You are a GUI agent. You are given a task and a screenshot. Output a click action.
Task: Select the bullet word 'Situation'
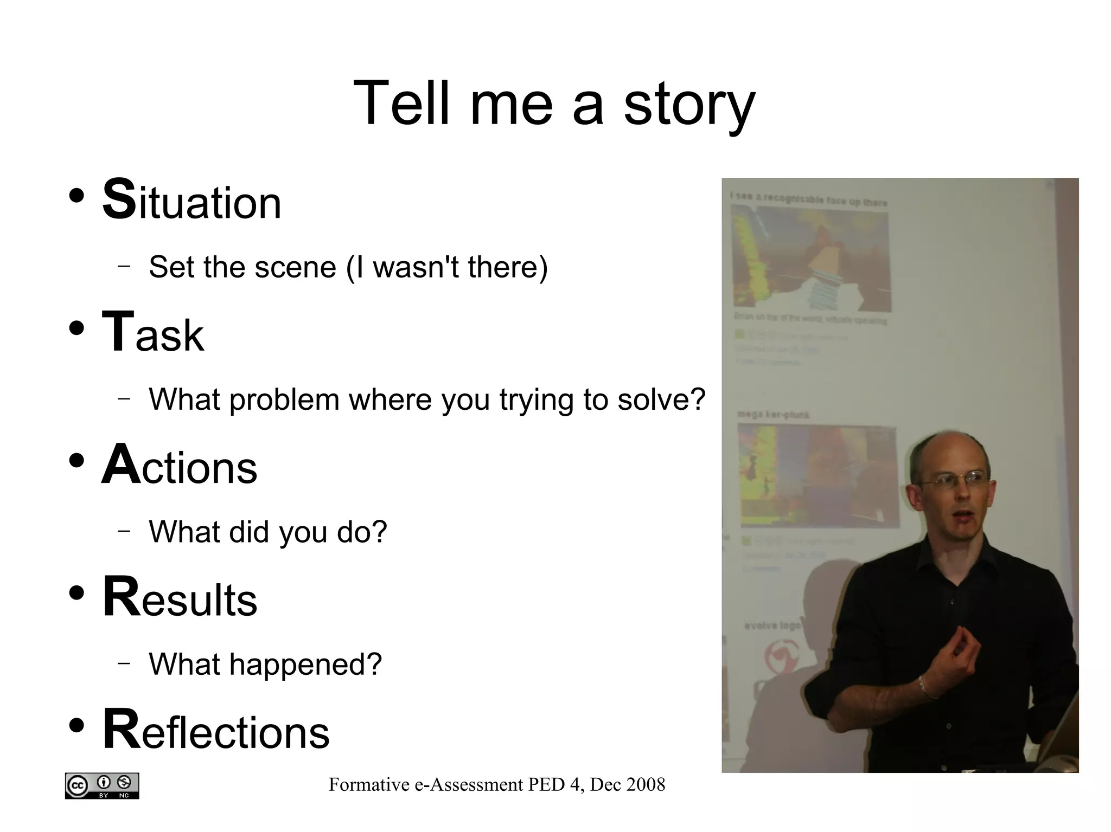pos(192,201)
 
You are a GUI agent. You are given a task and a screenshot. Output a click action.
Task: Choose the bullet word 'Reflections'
pos(216,731)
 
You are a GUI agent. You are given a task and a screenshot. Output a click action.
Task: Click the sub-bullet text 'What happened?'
pos(265,664)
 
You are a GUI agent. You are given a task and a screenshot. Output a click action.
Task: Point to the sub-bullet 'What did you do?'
pos(268,532)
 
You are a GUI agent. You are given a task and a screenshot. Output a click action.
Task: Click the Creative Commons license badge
pos(102,785)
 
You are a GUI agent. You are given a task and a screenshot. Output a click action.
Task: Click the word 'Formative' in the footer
pos(369,784)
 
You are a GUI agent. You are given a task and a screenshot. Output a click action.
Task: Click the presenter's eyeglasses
pos(955,480)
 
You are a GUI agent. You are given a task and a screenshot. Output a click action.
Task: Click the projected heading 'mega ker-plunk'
pos(774,415)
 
